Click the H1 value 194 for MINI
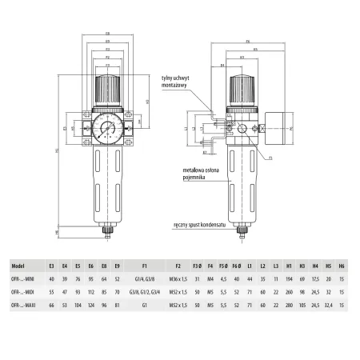pyautogui.click(x=288, y=278)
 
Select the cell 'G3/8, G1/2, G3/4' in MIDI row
pyautogui.click(x=143, y=292)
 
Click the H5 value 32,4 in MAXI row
pyautogui.click(x=328, y=306)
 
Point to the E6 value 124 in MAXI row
pyautogui.click(x=90, y=306)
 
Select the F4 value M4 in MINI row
pyautogui.click(x=210, y=278)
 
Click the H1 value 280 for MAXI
pyautogui.click(x=288, y=306)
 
